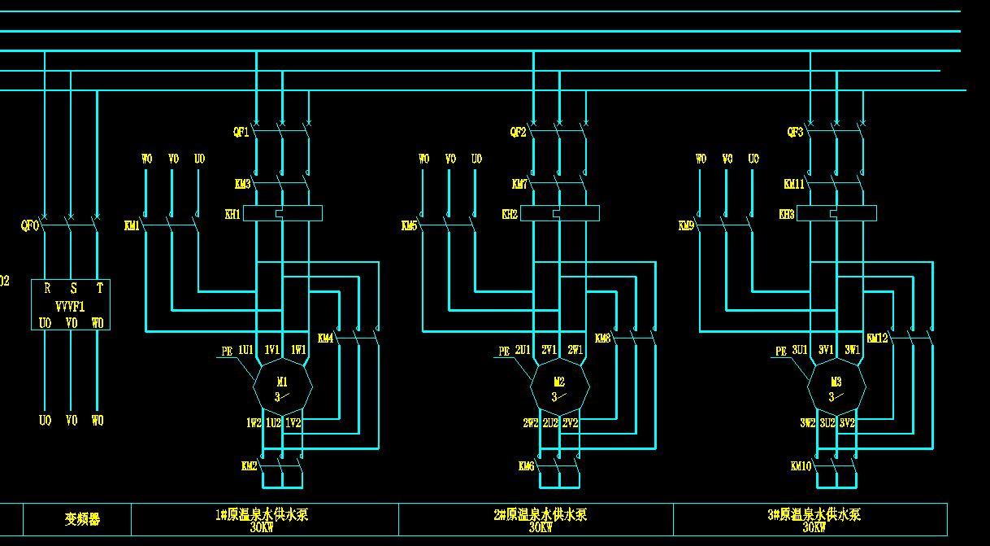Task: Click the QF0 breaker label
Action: coord(29,226)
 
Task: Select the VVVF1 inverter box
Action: coord(71,305)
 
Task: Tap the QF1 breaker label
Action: coord(241,133)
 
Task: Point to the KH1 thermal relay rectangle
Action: coord(283,213)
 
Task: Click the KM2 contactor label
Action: coord(249,466)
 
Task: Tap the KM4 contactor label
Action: coord(325,338)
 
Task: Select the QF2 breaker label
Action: coord(518,133)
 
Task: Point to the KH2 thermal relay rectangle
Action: coord(560,213)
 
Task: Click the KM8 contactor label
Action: coord(602,338)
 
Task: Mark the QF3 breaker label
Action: coord(795,133)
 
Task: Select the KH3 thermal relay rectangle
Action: coord(836,213)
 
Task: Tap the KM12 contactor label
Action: coord(877,338)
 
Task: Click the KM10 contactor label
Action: coord(801,466)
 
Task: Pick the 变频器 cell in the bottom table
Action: coord(82,519)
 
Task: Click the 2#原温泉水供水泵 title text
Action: coord(540,515)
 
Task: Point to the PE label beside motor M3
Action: coord(781,352)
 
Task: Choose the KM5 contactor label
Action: coord(409,226)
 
